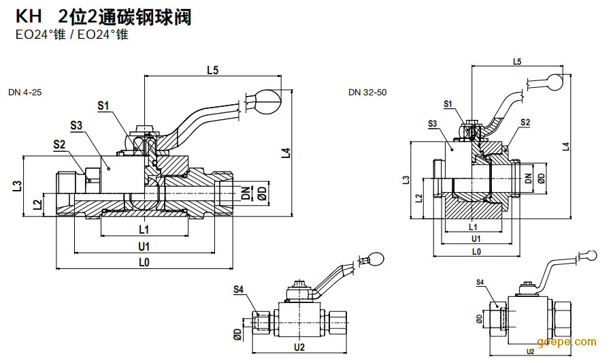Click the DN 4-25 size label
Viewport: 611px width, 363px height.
(25, 92)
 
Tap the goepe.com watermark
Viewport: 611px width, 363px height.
(566, 342)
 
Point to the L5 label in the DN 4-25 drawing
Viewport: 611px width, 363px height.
(212, 70)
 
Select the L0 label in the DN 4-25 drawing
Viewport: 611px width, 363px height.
(144, 262)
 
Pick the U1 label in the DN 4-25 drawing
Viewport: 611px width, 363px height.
(144, 245)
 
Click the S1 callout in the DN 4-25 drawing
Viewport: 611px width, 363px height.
(103, 106)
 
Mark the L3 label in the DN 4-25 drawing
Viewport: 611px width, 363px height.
(17, 185)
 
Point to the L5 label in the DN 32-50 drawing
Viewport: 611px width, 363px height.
(516, 61)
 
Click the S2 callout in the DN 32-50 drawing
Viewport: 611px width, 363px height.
(525, 122)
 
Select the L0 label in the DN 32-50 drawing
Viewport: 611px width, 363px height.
(476, 251)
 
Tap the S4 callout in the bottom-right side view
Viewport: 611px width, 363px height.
(480, 282)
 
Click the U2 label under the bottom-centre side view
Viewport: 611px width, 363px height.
(299, 347)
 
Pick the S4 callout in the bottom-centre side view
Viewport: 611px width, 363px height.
(238, 289)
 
